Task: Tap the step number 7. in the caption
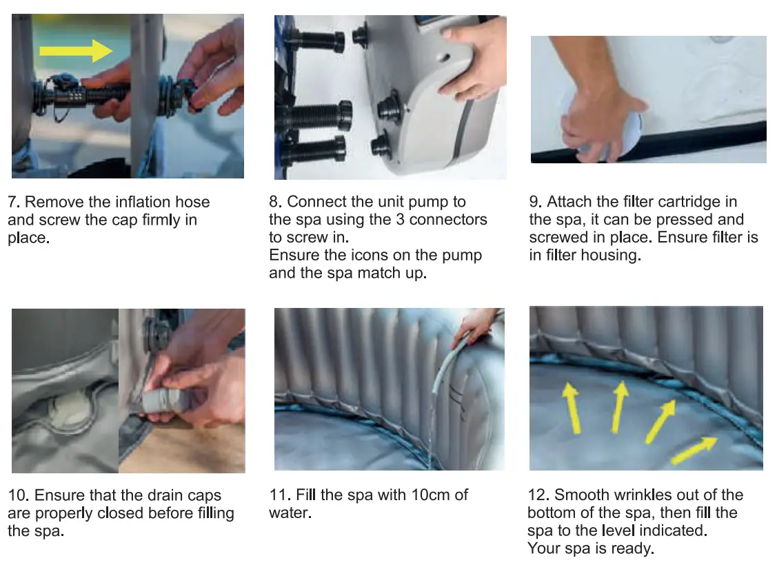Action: [x=14, y=203]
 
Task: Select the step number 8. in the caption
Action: [x=276, y=203]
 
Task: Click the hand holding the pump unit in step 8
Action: [x=475, y=59]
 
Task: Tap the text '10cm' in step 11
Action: [x=426, y=495]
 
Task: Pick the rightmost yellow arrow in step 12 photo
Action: [x=694, y=448]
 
